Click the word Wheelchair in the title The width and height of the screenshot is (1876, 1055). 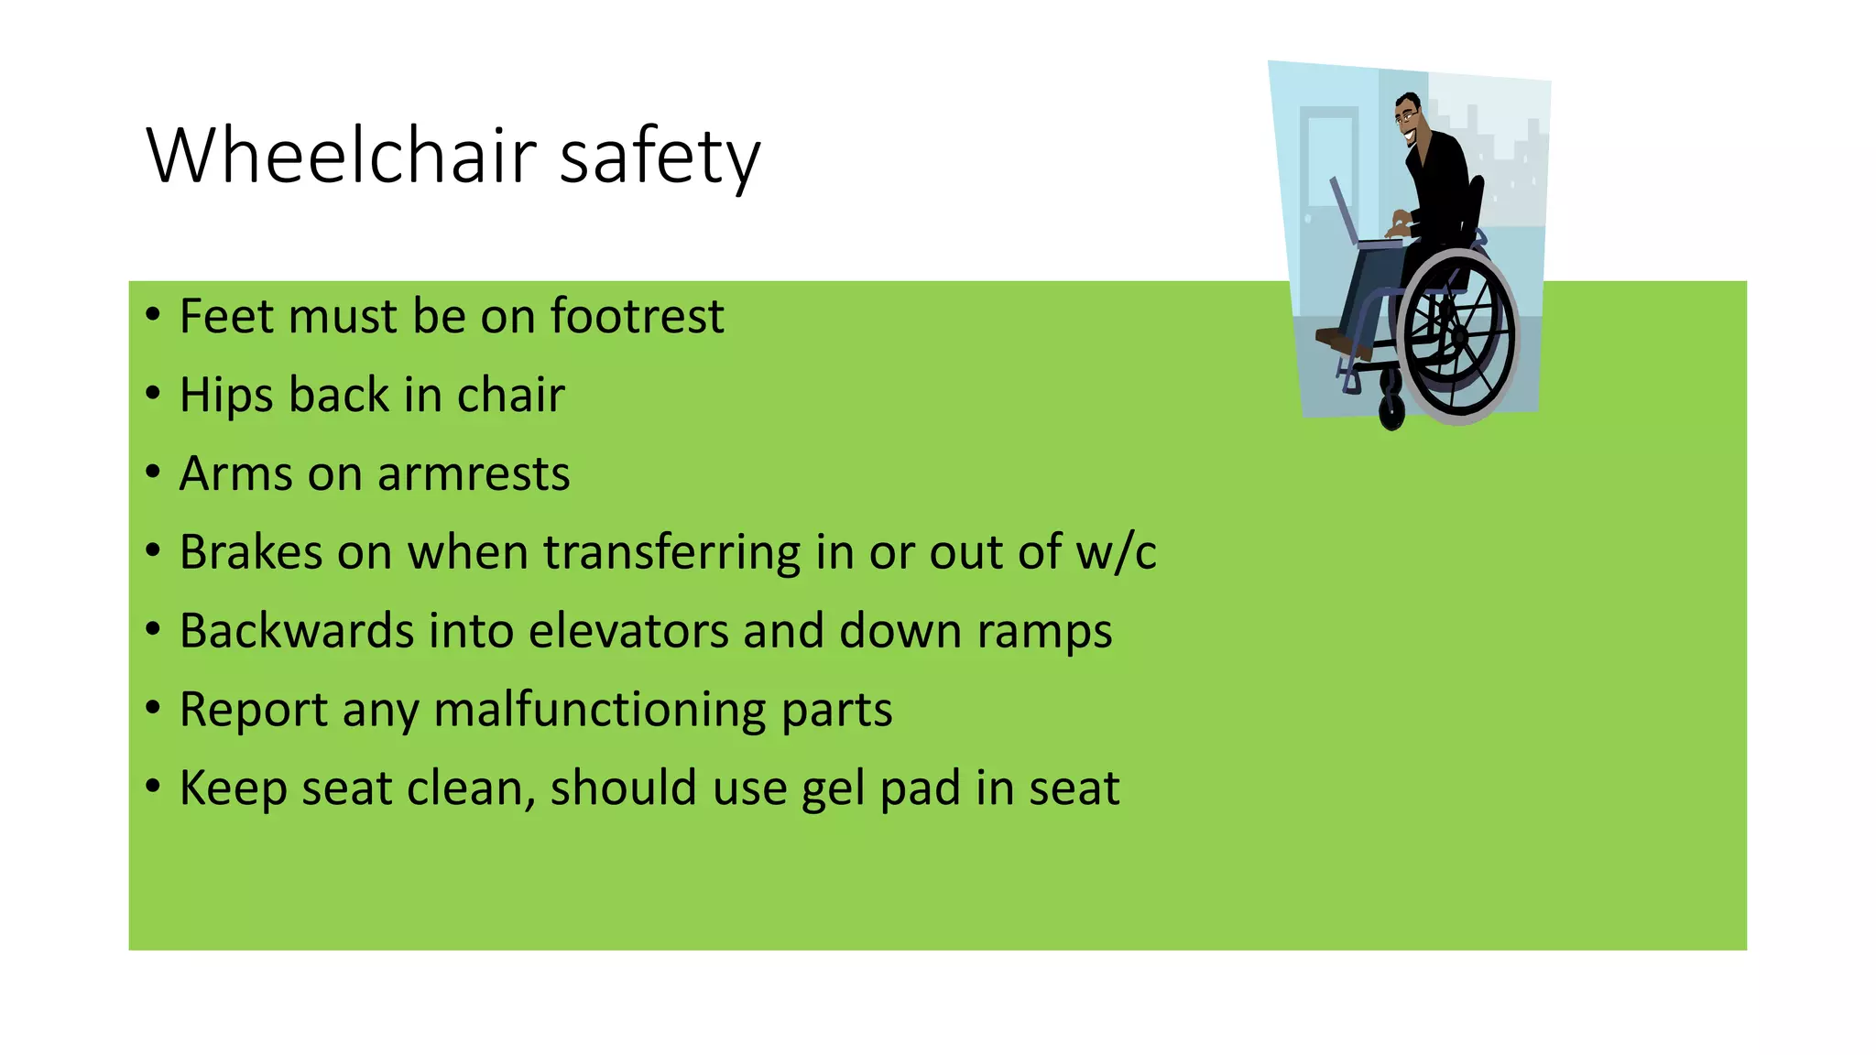click(x=342, y=156)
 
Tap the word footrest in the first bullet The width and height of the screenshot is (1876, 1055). click(x=637, y=317)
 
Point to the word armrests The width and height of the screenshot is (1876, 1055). click(x=474, y=474)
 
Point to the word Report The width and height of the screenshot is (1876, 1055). click(x=254, y=711)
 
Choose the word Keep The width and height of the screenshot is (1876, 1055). click(x=233, y=789)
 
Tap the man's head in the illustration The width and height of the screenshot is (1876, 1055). click(x=1409, y=116)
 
